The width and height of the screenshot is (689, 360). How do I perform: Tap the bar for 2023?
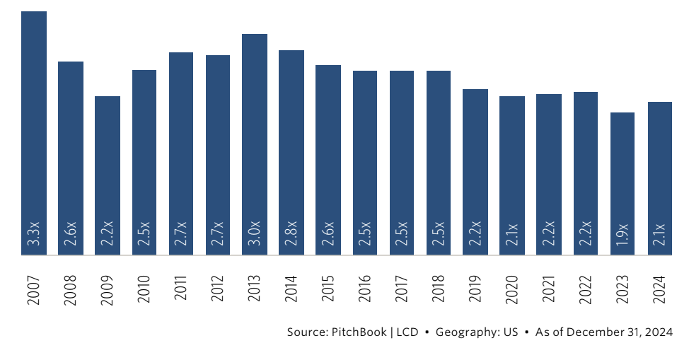point(623,183)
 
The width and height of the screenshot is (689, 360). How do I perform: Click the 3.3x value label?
point(34,234)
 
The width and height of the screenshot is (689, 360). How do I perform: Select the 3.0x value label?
point(255,234)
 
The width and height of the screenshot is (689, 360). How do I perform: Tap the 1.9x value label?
point(623,234)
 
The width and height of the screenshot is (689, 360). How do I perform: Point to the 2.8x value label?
point(291,234)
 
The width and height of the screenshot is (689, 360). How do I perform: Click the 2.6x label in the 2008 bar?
point(71,234)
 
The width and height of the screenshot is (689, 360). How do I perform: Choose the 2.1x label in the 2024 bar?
point(659,234)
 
